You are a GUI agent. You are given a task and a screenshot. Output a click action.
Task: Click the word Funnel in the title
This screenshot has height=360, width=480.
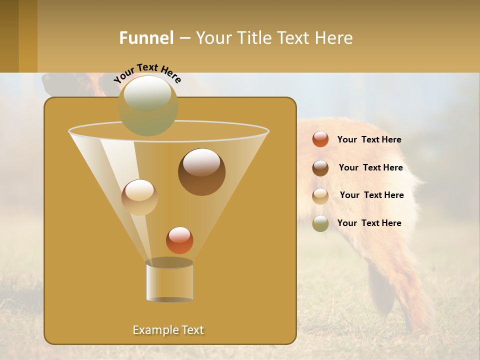tap(146, 38)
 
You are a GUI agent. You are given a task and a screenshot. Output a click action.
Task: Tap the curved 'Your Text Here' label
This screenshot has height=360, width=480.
tap(147, 72)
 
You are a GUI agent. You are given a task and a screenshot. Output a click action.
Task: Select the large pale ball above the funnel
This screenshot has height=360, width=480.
tap(148, 105)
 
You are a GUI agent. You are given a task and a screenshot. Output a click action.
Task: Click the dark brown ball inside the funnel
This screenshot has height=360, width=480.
tap(201, 172)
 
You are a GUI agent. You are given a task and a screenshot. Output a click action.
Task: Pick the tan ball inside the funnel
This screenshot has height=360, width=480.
tap(139, 197)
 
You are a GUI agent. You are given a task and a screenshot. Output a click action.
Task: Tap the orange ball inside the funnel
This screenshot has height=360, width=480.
tap(179, 240)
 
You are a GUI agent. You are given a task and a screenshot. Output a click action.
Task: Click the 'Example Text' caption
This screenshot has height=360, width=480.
tap(168, 330)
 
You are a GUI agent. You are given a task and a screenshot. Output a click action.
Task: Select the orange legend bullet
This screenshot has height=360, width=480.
tap(320, 139)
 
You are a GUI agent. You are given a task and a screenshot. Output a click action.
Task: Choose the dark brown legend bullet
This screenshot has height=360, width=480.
tap(320, 168)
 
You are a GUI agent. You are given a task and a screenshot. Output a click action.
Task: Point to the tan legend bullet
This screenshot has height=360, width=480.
tap(320, 196)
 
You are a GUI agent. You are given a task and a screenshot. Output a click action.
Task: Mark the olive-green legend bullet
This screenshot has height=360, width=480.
tap(320, 223)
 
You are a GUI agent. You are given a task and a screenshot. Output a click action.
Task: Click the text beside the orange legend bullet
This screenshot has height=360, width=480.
tap(369, 140)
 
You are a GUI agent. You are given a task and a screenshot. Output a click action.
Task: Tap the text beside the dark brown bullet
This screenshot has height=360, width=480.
tap(370, 168)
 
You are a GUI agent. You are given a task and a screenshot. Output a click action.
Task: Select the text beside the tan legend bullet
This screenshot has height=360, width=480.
tap(371, 195)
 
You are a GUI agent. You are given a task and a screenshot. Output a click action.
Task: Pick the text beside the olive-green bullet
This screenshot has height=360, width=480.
tap(369, 223)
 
